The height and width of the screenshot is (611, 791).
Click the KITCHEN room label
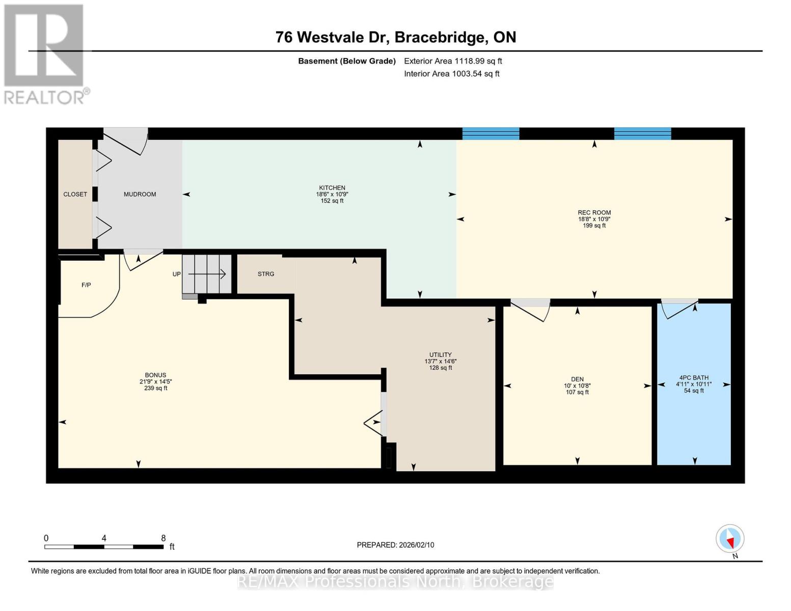coord(332,188)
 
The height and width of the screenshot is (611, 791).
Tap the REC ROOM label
coord(594,212)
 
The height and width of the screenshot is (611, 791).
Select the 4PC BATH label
coord(694,378)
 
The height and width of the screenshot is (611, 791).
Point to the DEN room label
coord(577,379)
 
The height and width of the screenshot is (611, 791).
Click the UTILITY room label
coord(441,354)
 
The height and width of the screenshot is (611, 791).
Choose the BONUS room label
coord(155,375)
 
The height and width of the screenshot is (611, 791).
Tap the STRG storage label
coord(266,273)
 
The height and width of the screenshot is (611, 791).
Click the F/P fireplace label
coord(86,285)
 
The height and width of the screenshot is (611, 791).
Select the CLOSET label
coord(75,195)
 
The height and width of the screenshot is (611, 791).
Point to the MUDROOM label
coord(140,195)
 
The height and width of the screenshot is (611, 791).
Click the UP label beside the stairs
coord(177,274)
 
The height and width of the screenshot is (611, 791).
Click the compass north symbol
coord(730,539)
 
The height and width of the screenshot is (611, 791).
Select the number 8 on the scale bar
coord(163,538)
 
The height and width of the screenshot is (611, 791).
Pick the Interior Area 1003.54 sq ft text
coord(452,74)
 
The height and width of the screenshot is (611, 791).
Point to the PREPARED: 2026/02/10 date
coord(395,545)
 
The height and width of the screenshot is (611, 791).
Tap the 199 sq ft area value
coord(594,226)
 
